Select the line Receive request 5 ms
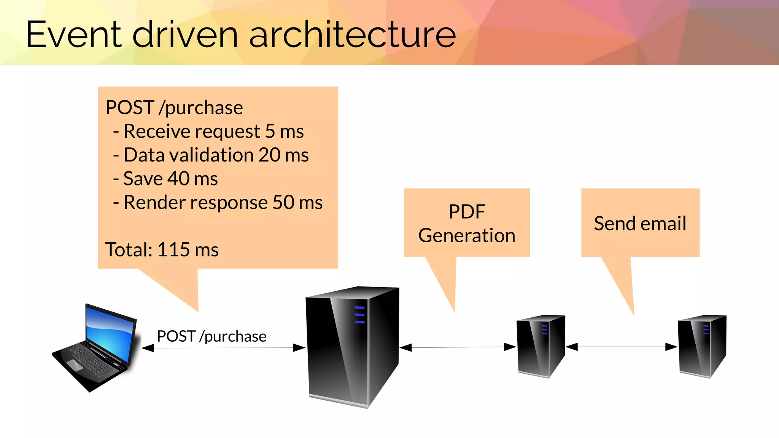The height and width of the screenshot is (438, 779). tap(208, 131)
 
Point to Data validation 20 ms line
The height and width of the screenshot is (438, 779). tap(211, 155)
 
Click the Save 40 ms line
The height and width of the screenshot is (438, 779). tap(166, 179)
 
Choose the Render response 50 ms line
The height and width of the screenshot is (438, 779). tap(218, 202)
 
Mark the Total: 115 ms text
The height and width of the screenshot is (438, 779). tap(162, 250)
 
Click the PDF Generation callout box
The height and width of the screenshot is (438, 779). tap(467, 223)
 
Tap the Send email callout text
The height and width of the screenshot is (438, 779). tap(640, 224)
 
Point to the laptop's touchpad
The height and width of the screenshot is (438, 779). tap(75, 364)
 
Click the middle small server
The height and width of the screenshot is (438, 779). tap(540, 346)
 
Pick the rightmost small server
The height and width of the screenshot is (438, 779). tap(702, 346)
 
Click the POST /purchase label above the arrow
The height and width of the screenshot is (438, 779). tap(211, 336)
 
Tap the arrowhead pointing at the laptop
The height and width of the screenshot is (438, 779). tap(148, 348)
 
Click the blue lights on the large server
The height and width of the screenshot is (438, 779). tap(359, 315)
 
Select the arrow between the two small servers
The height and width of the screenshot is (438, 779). tap(622, 347)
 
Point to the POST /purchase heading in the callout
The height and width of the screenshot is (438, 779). tap(174, 108)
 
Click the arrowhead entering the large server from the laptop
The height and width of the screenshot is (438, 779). tap(299, 348)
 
